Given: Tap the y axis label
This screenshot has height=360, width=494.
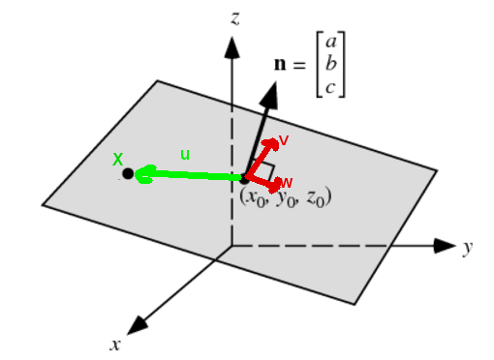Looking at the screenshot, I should [468, 248].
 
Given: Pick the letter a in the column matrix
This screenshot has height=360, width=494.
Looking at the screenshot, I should [331, 42].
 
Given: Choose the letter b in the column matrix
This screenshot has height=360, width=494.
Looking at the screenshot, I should [331, 65].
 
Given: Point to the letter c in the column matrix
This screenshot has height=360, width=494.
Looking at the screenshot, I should [331, 86].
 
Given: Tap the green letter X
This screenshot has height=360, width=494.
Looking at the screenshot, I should [118, 158].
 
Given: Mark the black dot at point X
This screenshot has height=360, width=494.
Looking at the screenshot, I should [128, 174].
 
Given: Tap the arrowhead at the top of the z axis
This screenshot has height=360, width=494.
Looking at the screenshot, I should [231, 45].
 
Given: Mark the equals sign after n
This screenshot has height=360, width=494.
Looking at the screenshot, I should [299, 66].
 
